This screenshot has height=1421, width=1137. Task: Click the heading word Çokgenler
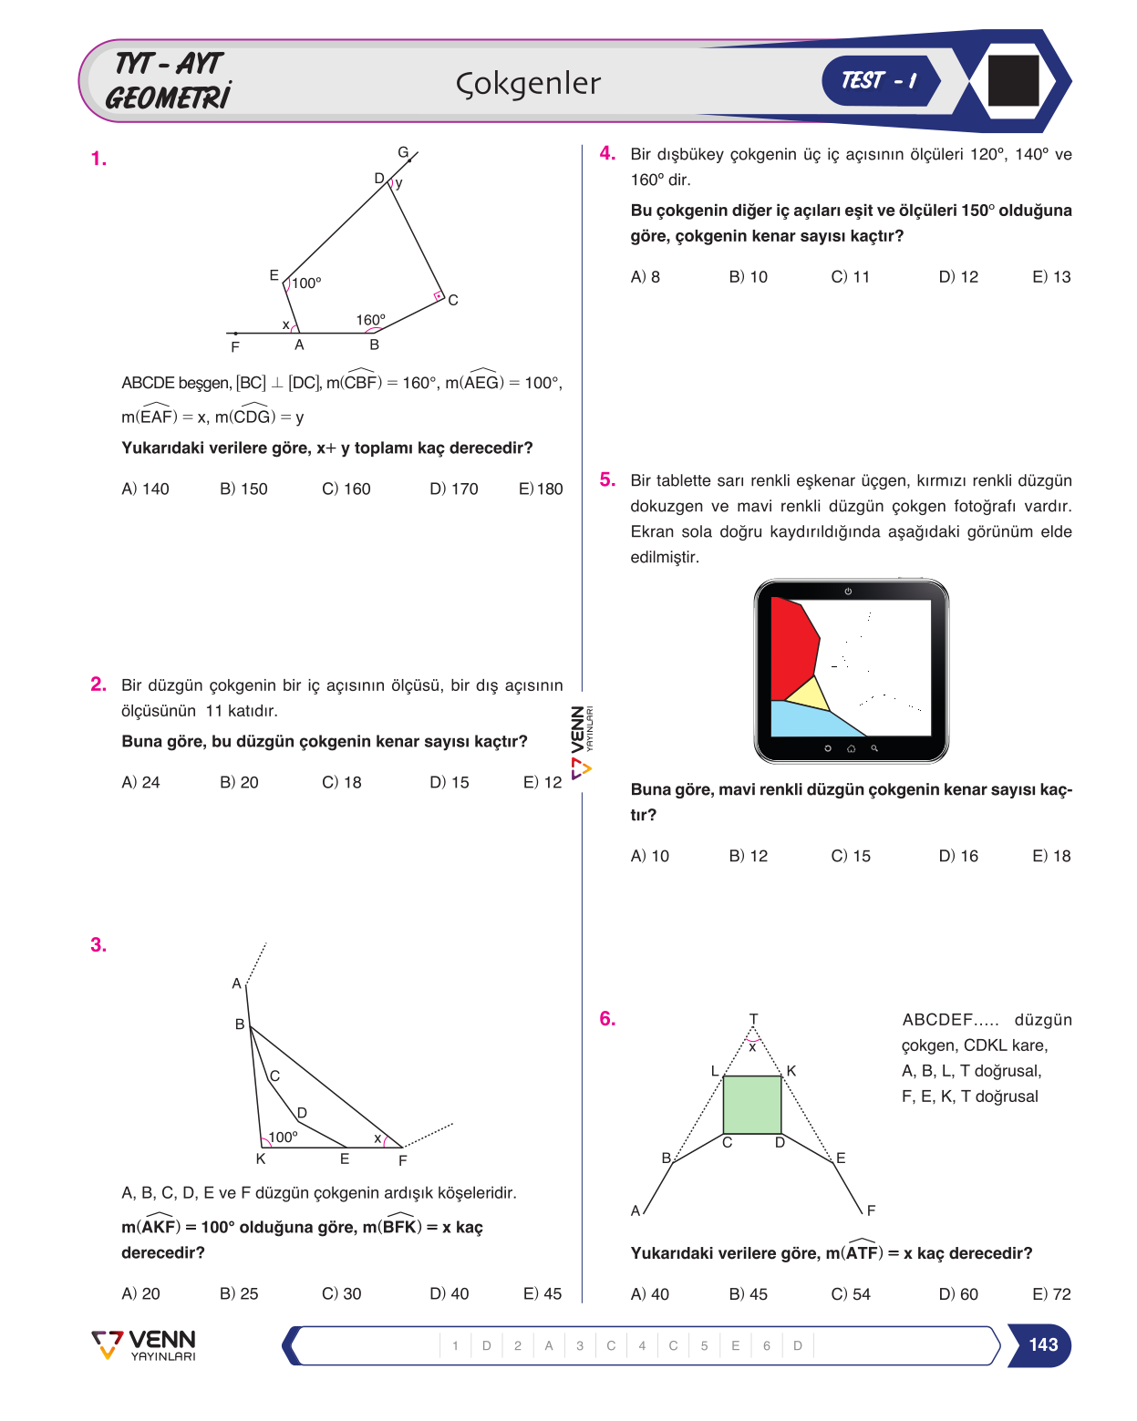coord(527,84)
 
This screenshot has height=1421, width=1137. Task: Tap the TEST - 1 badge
coord(879,80)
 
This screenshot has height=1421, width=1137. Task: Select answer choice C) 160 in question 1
coord(346,489)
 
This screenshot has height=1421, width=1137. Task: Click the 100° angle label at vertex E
coord(306,283)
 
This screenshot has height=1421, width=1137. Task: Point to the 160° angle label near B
coord(370,320)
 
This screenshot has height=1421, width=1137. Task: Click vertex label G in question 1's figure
coord(402,152)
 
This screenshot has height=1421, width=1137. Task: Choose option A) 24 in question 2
coord(140,782)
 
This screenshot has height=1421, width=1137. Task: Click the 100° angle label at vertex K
coord(283,1137)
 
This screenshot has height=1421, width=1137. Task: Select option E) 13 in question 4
coord(1050,277)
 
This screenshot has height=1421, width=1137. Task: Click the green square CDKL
coord(752,1104)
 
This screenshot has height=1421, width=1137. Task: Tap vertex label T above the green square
coord(752,1018)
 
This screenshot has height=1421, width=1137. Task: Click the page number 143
coord(1042,1344)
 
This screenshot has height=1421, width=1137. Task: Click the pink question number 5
coord(607,479)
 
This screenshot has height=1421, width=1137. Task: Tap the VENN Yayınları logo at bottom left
coord(143,1345)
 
